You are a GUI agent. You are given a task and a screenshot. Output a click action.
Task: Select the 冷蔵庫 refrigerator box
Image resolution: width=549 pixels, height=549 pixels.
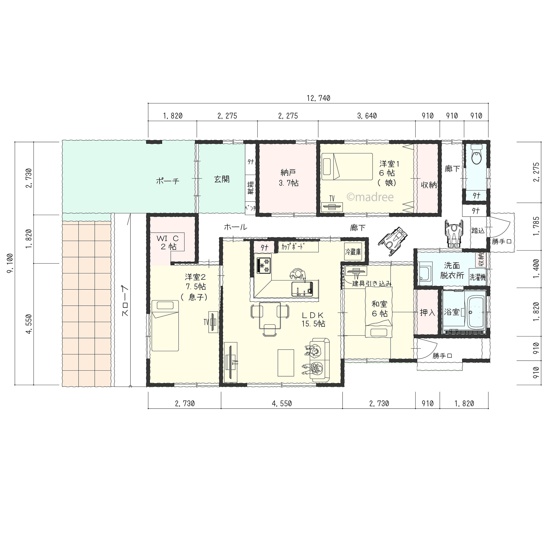353,252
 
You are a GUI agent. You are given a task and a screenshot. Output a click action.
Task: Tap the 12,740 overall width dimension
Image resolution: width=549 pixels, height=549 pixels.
318,98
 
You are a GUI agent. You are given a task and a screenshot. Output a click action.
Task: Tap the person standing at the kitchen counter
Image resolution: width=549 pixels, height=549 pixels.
298,274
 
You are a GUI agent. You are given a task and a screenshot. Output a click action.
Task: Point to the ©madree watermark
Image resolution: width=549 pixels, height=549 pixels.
370,197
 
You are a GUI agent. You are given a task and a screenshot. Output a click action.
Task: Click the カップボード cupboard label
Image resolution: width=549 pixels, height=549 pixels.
292,247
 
